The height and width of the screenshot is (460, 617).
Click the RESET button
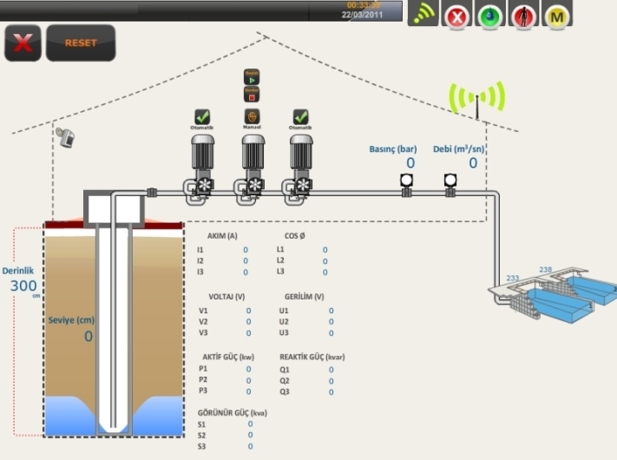[x=80, y=43]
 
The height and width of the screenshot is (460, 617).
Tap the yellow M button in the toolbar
[x=555, y=16]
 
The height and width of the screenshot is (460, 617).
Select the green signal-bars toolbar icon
[x=423, y=15]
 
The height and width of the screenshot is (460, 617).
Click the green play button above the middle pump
[x=253, y=76]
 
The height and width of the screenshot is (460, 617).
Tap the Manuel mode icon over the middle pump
[x=252, y=115]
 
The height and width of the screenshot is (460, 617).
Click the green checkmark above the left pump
[x=202, y=115]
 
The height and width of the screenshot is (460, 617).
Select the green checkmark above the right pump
[x=300, y=115]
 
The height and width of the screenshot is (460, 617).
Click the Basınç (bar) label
[x=393, y=148]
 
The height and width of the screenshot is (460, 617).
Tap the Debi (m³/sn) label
[x=459, y=148]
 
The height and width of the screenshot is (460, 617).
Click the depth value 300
[x=23, y=286]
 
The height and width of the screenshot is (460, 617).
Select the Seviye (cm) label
[x=71, y=319]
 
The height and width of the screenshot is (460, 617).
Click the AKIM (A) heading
[x=223, y=235]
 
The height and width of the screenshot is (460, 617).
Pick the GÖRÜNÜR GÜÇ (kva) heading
[x=232, y=412]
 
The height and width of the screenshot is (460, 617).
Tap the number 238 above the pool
[x=545, y=269]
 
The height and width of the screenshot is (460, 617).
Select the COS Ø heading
[x=295, y=235]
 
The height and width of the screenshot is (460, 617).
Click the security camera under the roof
[x=63, y=135]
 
